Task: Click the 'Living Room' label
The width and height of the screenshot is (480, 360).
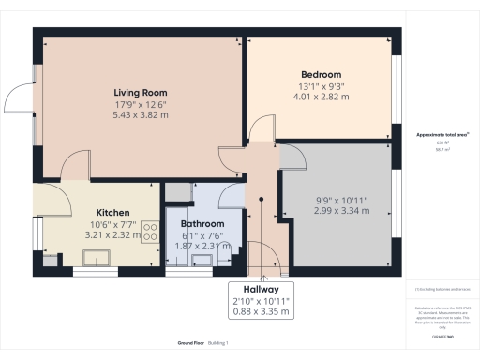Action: [x=140, y=92]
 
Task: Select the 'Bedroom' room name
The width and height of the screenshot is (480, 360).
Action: [x=321, y=74]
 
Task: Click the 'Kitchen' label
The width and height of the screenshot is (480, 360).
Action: [x=112, y=213]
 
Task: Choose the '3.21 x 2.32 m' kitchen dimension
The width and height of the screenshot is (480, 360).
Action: [x=112, y=235]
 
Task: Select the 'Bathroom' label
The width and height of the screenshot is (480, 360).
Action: [x=202, y=224]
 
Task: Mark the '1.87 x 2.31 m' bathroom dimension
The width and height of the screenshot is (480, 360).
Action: [x=202, y=247]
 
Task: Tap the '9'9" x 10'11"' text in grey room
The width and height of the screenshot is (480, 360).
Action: [x=342, y=200]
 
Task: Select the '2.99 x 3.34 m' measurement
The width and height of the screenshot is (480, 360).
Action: [x=342, y=211]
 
